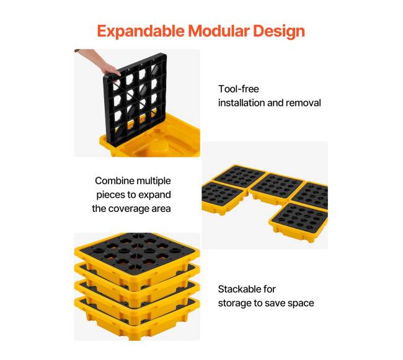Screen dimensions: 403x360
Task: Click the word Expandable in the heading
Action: tap(141, 32)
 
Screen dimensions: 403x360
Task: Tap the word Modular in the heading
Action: tap(219, 31)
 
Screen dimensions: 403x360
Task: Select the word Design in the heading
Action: tap(279, 32)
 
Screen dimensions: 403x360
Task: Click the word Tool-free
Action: tap(239, 89)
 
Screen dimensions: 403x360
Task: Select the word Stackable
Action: tap(237, 289)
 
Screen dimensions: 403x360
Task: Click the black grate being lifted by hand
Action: tap(136, 100)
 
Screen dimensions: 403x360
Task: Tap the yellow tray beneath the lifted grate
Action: tap(164, 140)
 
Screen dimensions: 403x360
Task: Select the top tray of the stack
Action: tap(137, 257)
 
